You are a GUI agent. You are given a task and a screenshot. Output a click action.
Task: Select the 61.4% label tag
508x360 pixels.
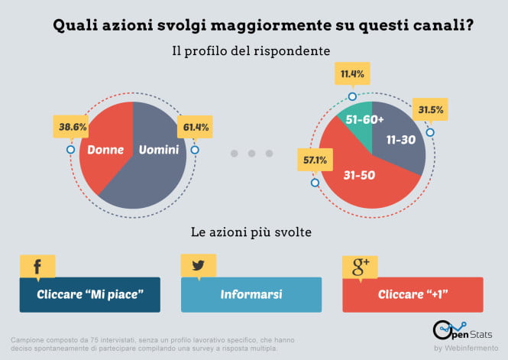point(196,125)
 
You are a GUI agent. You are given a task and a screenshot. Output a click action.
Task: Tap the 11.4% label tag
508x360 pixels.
point(352,74)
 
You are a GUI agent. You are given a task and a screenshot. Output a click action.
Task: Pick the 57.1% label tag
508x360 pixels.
point(315,161)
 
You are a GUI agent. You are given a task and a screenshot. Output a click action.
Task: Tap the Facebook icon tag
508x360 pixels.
point(37,267)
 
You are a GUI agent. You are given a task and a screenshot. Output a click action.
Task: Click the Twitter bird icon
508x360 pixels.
point(198,267)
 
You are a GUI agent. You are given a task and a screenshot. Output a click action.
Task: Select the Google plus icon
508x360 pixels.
point(360,267)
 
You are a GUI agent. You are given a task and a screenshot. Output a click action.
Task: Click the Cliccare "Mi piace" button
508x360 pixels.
point(90,295)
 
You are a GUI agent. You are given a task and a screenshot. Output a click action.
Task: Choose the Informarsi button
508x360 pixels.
point(251,295)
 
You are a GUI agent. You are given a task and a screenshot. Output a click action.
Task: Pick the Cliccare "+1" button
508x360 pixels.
point(413,295)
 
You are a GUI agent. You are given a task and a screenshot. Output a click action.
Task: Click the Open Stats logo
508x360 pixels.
point(461,332)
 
